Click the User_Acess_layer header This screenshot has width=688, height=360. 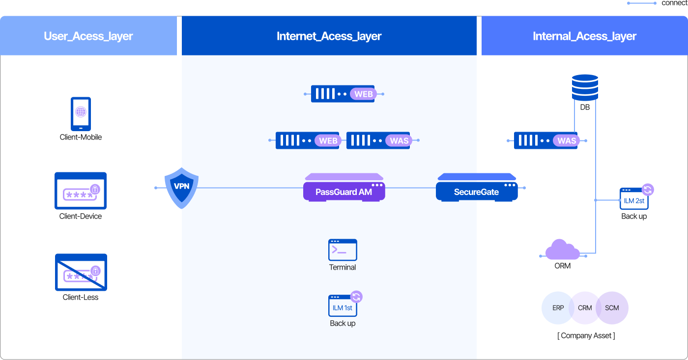(88, 36)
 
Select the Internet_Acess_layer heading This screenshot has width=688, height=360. (329, 36)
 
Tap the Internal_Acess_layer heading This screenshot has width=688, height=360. (584, 36)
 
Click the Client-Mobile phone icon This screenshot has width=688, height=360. (81, 113)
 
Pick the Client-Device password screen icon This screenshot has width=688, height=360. (81, 191)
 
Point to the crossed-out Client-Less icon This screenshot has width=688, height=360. (81, 272)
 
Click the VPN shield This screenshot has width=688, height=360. (181, 187)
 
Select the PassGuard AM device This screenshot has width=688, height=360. (344, 188)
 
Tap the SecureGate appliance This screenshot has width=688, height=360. (476, 188)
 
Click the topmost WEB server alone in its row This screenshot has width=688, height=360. (343, 93)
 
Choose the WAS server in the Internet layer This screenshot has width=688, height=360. (378, 140)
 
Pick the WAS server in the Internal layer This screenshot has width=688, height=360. (546, 140)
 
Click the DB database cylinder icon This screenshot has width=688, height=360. (585, 87)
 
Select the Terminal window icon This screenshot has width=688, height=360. (343, 250)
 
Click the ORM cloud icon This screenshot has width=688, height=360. (563, 249)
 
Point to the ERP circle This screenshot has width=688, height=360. (558, 308)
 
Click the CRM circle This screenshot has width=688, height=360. (585, 308)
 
